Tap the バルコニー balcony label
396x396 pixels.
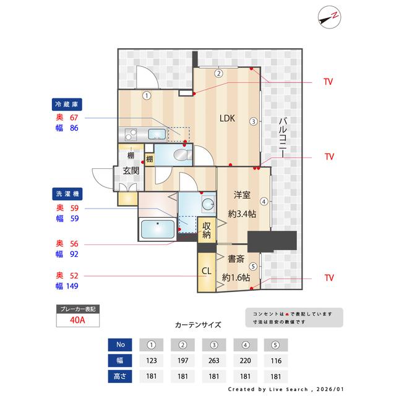tap(282, 138)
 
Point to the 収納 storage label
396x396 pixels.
tap(207, 230)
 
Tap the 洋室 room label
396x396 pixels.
tap(241, 195)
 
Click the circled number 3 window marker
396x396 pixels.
tap(253, 121)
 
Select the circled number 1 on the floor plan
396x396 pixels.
tap(147, 95)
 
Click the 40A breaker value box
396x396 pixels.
tap(77, 321)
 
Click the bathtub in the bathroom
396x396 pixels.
tap(158, 230)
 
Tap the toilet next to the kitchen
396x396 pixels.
tap(183, 154)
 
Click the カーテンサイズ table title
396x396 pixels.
tap(198, 324)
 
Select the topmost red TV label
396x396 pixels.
tap(329, 82)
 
